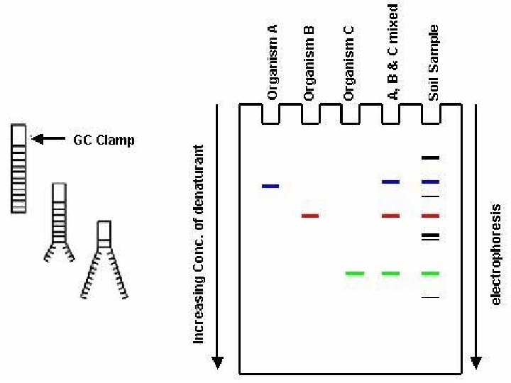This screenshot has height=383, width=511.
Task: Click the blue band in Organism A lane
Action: click(x=270, y=186)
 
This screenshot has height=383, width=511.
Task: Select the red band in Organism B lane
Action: click(x=310, y=215)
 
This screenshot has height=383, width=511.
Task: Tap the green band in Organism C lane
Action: click(x=354, y=273)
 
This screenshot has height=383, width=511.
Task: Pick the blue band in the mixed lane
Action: click(x=391, y=182)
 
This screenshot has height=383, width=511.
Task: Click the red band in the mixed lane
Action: click(x=391, y=215)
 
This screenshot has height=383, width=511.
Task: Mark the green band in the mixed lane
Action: click(x=391, y=273)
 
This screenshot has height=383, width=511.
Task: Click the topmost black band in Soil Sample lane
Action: click(x=430, y=157)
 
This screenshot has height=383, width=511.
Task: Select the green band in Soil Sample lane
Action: click(x=430, y=273)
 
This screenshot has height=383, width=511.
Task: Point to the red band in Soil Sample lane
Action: click(x=430, y=215)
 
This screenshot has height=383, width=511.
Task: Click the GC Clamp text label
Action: click(x=104, y=140)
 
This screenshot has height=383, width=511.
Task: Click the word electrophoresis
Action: click(x=496, y=255)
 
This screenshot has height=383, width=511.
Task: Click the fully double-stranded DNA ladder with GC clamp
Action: click(x=18, y=169)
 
